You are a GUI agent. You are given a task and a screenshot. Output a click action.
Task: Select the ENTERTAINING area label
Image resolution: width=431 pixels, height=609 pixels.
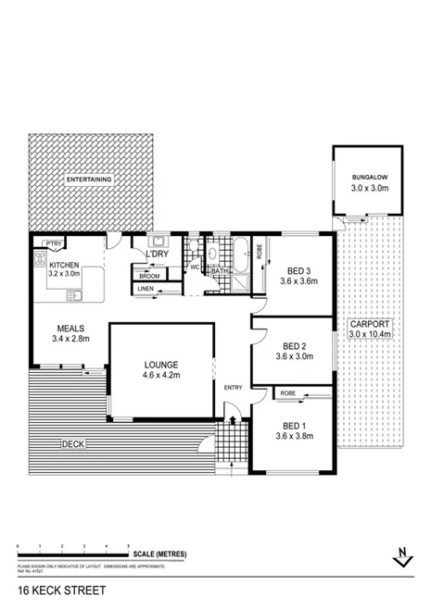coord(90,179)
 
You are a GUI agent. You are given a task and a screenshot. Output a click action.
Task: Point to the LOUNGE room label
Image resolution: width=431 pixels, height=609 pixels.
coord(160,364)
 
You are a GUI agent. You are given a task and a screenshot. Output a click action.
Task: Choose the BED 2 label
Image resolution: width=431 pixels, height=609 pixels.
coord(293,347)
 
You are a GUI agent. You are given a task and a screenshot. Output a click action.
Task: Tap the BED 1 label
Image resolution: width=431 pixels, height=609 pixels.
coord(294,426)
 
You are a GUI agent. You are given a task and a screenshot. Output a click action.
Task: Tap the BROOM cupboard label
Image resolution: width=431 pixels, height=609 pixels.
coord(148,276)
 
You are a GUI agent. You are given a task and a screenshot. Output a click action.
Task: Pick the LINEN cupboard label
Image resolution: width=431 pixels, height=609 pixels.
coord(146,290)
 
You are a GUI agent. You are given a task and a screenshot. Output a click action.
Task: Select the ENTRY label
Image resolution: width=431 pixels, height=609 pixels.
coord(232,387)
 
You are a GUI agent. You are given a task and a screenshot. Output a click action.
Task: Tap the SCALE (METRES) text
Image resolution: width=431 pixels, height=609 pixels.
coord(159,554)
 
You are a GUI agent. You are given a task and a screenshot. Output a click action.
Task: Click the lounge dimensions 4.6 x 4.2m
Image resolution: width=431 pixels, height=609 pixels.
coord(160,375)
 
